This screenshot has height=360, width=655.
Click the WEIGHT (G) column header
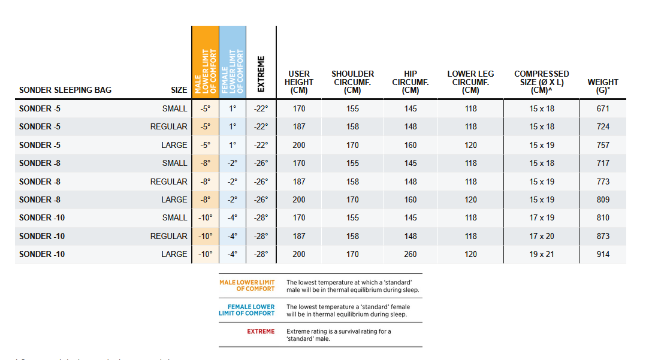[603, 86]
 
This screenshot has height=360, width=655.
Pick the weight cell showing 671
[603, 108]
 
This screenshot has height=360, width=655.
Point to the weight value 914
[603, 254]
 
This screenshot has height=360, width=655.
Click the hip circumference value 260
[410, 254]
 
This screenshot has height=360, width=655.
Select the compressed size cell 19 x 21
[542, 254]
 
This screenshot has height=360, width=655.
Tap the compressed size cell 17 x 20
[542, 236]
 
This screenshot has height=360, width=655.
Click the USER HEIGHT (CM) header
[299, 82]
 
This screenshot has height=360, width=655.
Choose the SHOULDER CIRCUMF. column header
[352, 82]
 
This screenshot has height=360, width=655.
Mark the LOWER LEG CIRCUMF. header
[470, 82]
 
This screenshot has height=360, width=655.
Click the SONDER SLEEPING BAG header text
[65, 90]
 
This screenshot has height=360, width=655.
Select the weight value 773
[603, 181]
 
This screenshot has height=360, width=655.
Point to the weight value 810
[603, 217]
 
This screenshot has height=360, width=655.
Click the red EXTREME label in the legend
[261, 331]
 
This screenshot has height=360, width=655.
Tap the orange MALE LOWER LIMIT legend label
[247, 286]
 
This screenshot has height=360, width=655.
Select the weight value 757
[603, 145]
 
